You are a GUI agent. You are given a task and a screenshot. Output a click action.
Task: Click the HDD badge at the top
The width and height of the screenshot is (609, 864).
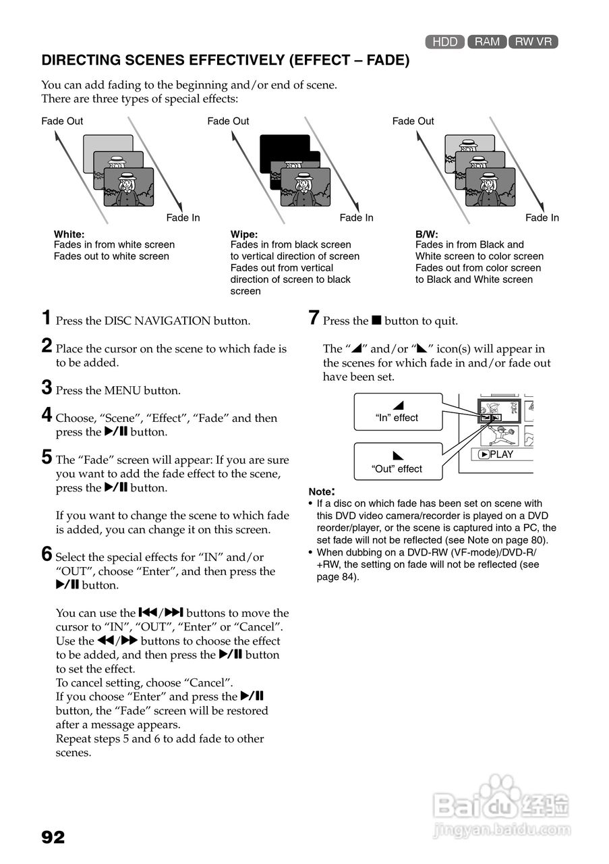coord(445,42)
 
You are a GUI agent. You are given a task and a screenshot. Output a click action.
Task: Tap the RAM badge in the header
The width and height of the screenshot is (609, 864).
coord(487,42)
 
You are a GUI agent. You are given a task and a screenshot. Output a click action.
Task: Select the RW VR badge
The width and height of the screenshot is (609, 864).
coord(533,42)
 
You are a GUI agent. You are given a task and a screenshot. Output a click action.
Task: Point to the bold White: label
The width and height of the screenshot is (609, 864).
coord(69,234)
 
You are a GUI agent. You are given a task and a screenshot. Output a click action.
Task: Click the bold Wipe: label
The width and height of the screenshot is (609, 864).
coord(244,234)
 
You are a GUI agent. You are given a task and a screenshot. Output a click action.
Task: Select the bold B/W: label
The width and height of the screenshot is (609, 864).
coord(427,234)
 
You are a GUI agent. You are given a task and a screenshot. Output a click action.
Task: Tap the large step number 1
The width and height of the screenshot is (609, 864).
coord(47,317)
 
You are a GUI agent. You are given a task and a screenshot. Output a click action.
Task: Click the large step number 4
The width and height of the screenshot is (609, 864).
coord(47,414)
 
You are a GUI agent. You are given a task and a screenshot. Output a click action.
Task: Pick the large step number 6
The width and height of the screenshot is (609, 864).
coord(47,554)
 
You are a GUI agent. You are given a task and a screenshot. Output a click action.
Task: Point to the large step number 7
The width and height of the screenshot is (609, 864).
coord(314,317)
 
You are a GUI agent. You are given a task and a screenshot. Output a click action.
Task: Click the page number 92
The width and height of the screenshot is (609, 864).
coord(53,838)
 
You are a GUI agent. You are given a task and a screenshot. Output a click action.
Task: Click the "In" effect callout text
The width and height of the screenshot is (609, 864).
coord(397,418)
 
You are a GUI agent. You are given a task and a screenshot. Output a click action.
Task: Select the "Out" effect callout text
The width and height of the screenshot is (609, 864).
coord(397,469)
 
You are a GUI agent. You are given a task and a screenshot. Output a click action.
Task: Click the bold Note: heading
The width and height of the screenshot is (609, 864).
coord(322,491)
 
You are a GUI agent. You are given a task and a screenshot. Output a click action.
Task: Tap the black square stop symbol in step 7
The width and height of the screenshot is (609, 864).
coord(376,321)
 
